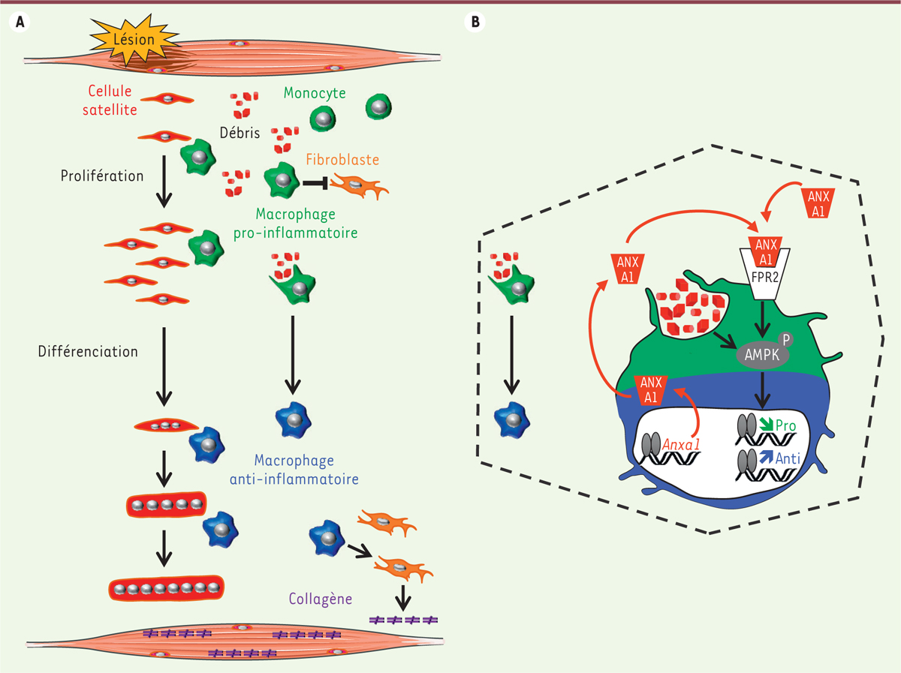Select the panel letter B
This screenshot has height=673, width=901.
pos(475,23)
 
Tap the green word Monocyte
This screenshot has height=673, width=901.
pos(315,94)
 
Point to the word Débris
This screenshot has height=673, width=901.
pos(240,134)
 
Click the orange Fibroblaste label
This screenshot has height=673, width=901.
pos(342,160)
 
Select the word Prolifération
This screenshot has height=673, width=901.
pos(102,176)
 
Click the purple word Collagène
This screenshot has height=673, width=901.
pos(321,600)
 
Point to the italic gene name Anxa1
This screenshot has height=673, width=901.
pos(682,444)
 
